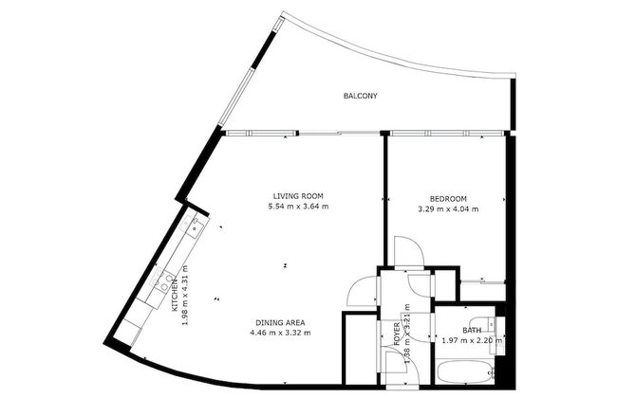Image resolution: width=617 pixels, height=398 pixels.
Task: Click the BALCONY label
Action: point(360,96)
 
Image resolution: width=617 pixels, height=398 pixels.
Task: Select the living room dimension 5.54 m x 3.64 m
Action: point(297,207)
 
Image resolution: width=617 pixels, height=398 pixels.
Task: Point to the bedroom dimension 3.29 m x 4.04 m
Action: point(447,209)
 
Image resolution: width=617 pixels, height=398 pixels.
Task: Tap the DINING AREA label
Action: point(279,321)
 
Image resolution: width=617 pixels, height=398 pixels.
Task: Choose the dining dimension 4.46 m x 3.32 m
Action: point(279,333)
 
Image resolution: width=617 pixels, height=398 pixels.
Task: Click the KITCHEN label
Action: point(175,296)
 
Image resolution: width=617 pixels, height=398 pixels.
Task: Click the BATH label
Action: point(472,331)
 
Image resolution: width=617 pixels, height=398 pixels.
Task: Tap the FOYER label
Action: point(398,334)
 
